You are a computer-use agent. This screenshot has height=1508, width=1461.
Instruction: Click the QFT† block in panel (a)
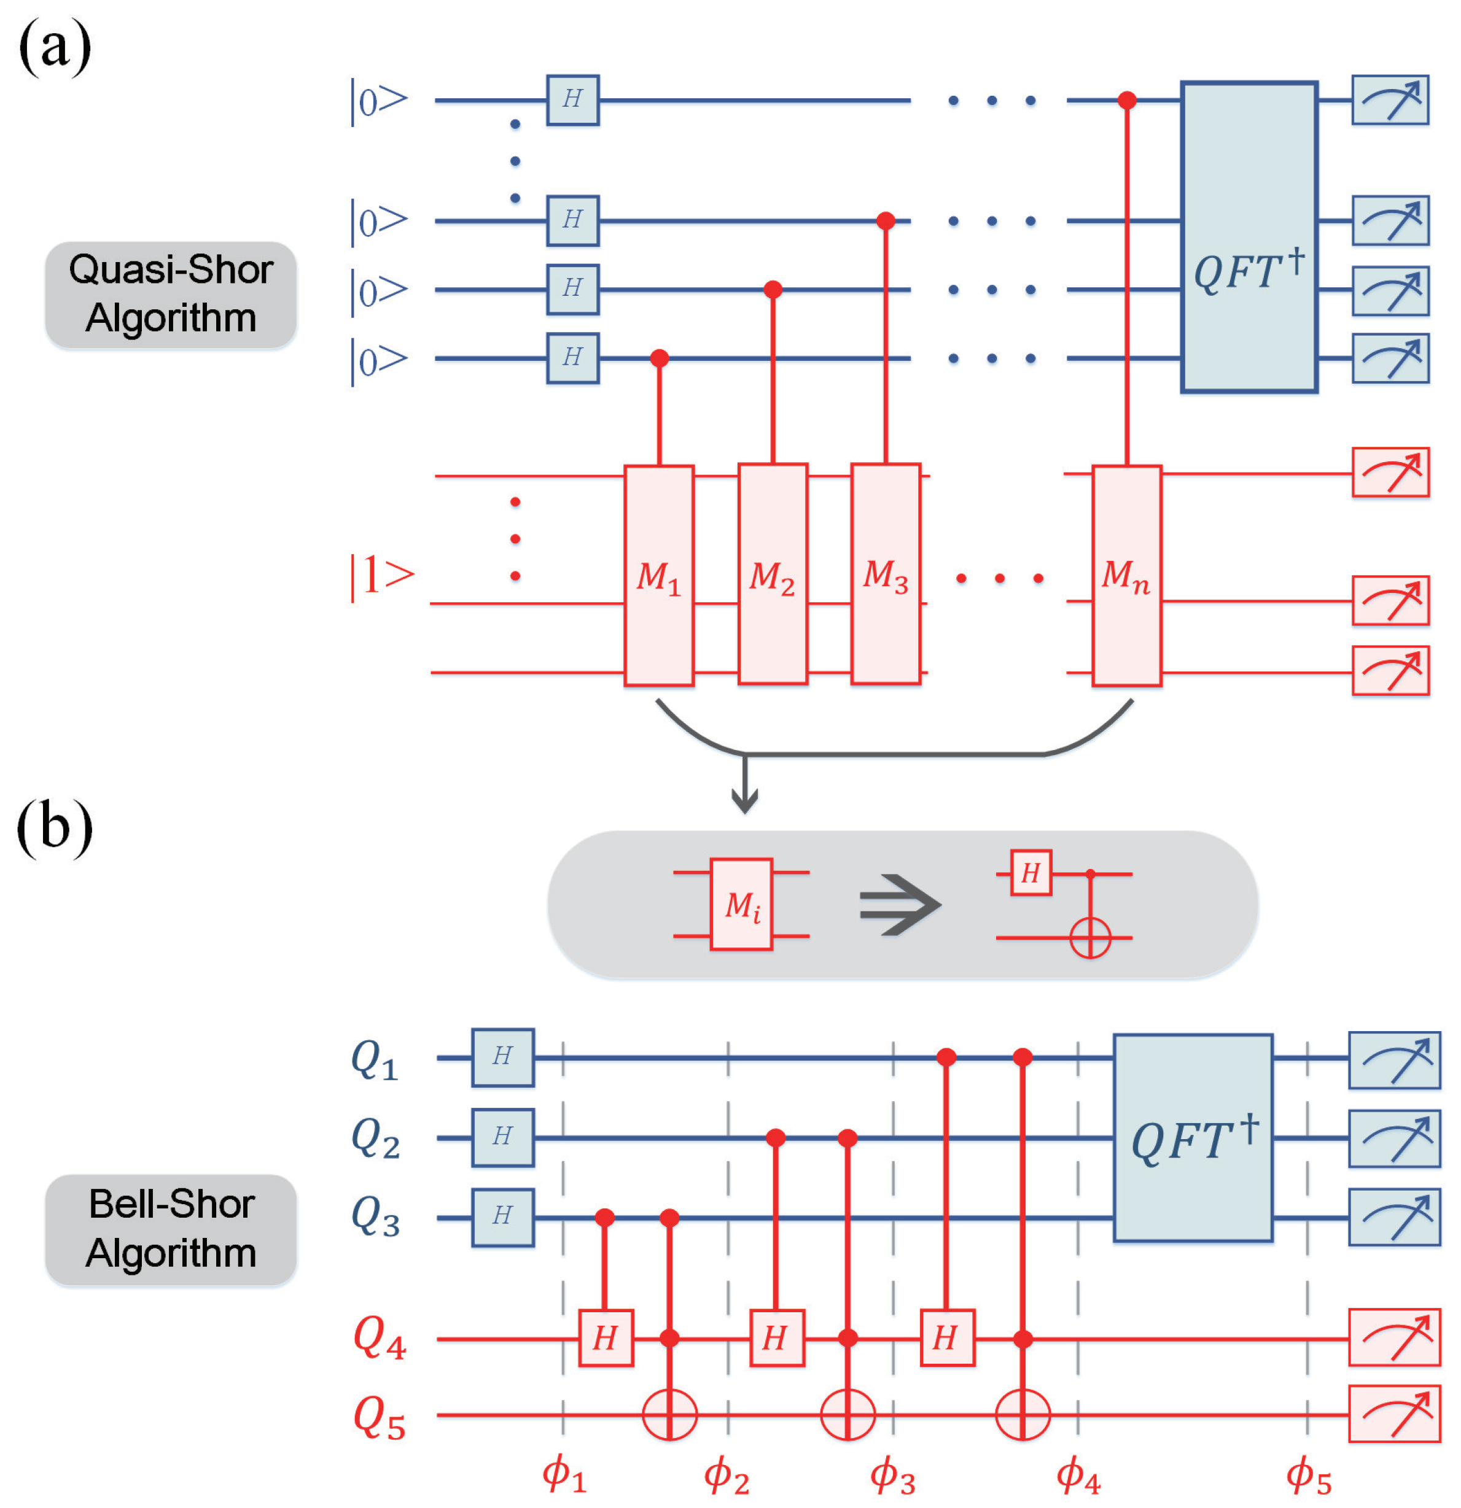[1249, 237]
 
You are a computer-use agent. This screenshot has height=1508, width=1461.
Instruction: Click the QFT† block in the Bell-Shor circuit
[1193, 1139]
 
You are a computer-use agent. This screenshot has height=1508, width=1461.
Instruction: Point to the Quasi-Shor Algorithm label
[171, 295]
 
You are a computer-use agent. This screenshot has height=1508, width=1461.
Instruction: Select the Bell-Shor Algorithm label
[171, 1229]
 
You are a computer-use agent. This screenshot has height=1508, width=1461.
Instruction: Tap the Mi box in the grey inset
[741, 905]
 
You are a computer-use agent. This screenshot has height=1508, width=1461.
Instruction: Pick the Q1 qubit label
[375, 1059]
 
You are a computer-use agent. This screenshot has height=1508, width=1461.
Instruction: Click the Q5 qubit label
[379, 1417]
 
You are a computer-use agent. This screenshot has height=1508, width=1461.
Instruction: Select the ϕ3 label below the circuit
[892, 1475]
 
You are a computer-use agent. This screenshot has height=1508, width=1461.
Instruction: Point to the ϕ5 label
[1308, 1475]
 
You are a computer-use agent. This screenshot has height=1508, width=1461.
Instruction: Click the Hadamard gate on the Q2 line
[502, 1138]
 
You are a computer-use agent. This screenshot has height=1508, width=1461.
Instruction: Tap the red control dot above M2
[773, 289]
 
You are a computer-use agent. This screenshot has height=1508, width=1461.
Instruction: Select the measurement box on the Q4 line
[1393, 1338]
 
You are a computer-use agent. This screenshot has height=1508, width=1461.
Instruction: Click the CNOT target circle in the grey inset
[1090, 938]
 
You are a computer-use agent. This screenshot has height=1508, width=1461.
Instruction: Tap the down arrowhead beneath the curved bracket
[744, 804]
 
